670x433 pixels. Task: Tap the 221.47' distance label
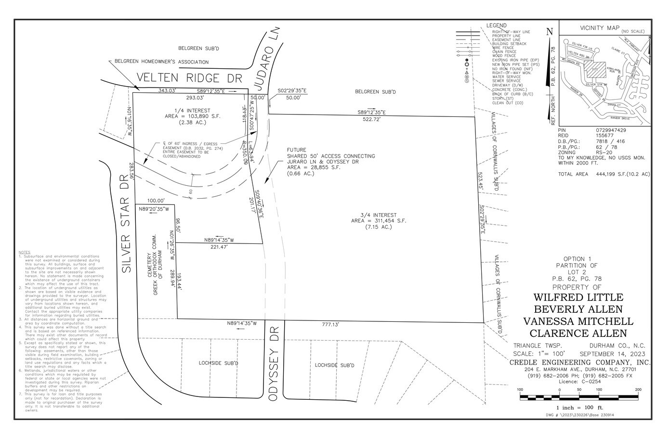[218, 247]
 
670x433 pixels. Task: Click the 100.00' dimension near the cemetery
[156, 200]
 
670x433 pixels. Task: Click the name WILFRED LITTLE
[578, 297]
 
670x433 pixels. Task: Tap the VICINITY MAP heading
[600, 28]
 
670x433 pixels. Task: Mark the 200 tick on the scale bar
[638, 390]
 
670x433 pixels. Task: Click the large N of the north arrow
[550, 32]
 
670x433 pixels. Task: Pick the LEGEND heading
[496, 25]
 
